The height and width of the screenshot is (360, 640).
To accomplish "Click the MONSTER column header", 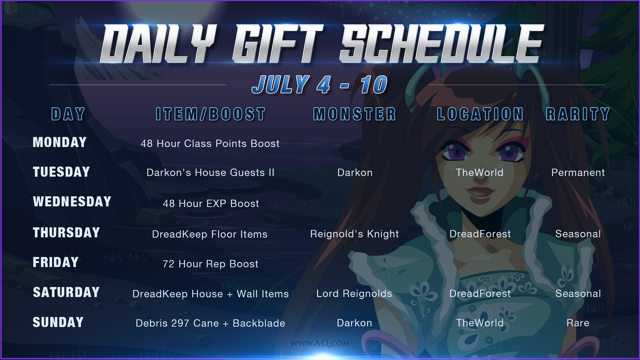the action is coord(355,114).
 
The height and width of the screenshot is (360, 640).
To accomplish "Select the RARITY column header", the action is coord(578,114).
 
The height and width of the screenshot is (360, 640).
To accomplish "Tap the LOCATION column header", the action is coord(480,114).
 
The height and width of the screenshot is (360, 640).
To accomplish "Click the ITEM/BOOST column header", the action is coord(211,114).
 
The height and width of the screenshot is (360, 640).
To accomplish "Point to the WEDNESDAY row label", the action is coord(72,202).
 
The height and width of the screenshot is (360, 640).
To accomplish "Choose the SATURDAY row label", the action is coord(66,292).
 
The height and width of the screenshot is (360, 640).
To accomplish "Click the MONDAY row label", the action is coord(60,142).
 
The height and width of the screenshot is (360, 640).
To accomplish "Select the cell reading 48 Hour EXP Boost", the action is coord(211,203).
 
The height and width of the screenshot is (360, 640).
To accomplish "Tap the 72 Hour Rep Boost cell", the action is coord(211,264).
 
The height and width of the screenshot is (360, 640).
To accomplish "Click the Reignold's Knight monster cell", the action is coord(355,234).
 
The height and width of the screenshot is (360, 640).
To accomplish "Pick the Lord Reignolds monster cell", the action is coord(354,294).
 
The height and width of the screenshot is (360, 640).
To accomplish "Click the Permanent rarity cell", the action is coord(578,173).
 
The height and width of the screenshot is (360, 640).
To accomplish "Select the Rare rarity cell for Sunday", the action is coord(578,323).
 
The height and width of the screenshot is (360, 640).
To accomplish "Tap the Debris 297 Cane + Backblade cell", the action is coord(210,323).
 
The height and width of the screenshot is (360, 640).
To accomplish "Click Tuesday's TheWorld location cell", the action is coord(480,173).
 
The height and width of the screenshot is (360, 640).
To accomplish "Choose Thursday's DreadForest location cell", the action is coord(480,234).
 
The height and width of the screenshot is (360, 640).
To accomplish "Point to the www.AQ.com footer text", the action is coord(320,343).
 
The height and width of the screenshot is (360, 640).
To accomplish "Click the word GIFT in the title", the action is coord(278,44).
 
